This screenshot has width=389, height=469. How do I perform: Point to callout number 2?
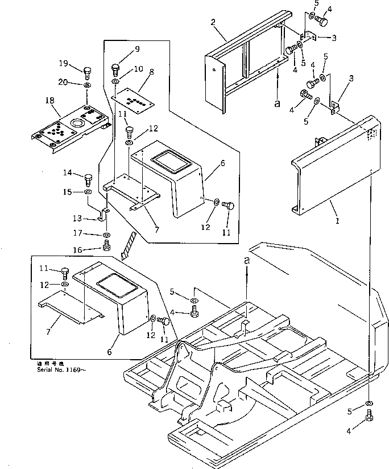[x=212, y=22]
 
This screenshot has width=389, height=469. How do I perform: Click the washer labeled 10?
[x=115, y=82]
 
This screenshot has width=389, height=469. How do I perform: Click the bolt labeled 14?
[x=88, y=180]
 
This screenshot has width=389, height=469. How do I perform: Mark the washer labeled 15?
[x=89, y=194]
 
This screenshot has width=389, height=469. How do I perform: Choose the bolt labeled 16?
[x=106, y=246]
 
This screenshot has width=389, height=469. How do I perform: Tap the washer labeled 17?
[x=107, y=234]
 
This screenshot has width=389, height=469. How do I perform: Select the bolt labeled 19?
[x=88, y=72]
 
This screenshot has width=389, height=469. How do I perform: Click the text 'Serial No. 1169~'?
[x=55, y=367]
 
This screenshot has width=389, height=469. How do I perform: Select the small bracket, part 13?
[x=104, y=215]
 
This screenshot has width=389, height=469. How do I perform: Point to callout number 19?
[x=63, y=63]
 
